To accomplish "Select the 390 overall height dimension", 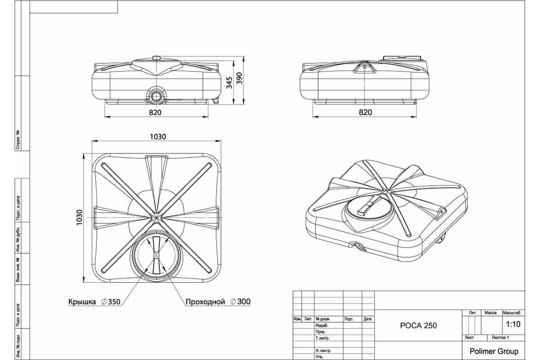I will [x=239, y=79].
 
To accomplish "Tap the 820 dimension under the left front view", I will [x=155, y=112].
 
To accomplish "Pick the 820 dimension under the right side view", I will [x=365, y=112].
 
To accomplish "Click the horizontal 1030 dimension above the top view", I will [x=158, y=136].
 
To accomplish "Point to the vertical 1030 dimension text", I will [x=80, y=218].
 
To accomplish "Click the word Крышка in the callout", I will [x=82, y=302].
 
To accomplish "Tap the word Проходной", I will [x=205, y=302].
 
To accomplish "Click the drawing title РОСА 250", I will [x=418, y=326].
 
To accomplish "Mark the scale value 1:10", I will [x=513, y=324].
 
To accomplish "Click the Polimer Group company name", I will [x=494, y=351].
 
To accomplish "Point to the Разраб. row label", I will [x=322, y=325].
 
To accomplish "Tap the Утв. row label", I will [x=319, y=357].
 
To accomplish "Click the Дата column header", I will [x=368, y=319].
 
